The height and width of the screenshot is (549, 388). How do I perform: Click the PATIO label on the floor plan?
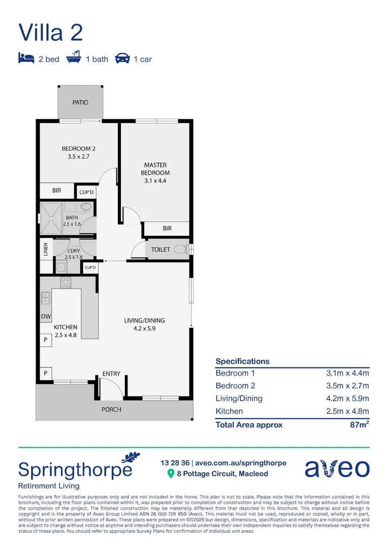[x=80, y=102]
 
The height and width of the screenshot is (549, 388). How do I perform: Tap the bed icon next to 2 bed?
[x=26, y=58]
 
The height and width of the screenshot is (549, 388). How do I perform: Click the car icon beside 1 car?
[x=122, y=58]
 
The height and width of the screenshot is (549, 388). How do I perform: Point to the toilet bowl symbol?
[x=179, y=250]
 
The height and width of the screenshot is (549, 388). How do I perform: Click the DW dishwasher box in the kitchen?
[x=45, y=317]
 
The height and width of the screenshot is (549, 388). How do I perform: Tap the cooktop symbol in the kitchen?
[x=66, y=282]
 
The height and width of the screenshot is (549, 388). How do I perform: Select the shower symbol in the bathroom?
[x=52, y=217]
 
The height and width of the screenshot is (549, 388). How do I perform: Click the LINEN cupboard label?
[x=45, y=250]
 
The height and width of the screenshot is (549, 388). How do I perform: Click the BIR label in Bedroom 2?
[x=56, y=191]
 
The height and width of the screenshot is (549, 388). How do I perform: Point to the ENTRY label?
[x=111, y=374]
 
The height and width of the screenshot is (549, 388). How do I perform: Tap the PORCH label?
[x=111, y=409]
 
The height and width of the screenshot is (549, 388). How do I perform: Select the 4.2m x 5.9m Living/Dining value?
[x=347, y=399]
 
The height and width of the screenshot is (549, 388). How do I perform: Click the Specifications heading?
[x=242, y=361]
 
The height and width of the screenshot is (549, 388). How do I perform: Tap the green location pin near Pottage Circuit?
[x=171, y=474]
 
